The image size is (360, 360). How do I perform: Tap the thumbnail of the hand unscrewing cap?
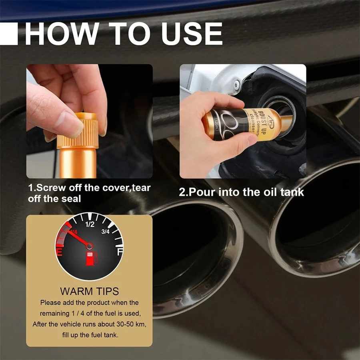pyautogui.click(x=89, y=121)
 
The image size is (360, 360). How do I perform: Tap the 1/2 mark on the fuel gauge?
pyautogui.click(x=90, y=225)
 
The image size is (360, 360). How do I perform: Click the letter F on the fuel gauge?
pyautogui.click(x=120, y=252)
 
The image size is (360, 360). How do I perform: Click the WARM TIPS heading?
pyautogui.click(x=89, y=291)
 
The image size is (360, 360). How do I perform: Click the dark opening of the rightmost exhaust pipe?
pyautogui.click(x=320, y=216)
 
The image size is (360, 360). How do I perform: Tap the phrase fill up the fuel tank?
pyautogui.click(x=89, y=334)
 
